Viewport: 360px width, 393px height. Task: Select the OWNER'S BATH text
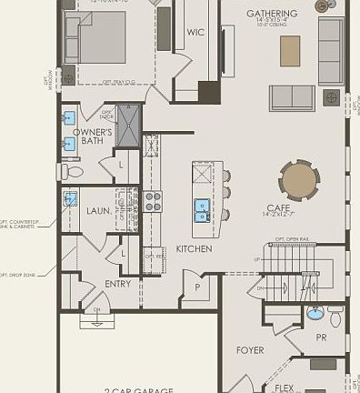tap(93, 136)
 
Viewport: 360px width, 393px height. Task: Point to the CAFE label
tap(278, 207)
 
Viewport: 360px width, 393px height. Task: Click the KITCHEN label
tap(194, 248)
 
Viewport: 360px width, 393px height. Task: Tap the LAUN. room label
tap(99, 211)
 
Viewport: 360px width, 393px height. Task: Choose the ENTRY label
tap(117, 284)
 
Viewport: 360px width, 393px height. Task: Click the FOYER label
tap(250, 350)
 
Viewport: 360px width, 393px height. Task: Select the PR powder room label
tap(322, 338)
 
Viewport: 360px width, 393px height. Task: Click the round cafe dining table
tap(301, 180)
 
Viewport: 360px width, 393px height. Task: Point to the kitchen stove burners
tap(153, 200)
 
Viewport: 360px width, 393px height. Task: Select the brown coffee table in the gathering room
tap(290, 50)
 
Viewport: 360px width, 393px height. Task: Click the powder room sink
tap(315, 314)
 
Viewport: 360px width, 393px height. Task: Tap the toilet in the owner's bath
tap(72, 171)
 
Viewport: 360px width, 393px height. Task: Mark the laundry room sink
tap(71, 199)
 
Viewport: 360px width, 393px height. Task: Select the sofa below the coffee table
tap(292, 97)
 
